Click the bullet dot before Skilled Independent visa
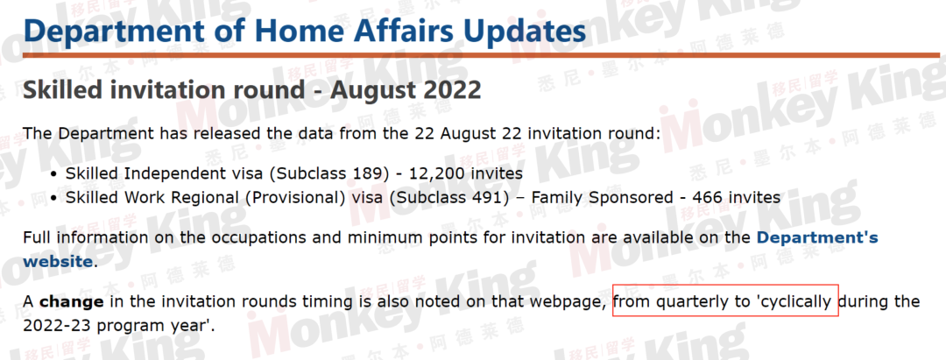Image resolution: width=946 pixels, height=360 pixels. point(55,174)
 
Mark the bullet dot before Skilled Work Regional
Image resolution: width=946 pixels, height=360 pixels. point(55,198)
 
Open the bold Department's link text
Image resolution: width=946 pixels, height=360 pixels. point(817,237)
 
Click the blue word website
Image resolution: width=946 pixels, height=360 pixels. point(58,262)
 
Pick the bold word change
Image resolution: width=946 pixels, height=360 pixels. point(73,301)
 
